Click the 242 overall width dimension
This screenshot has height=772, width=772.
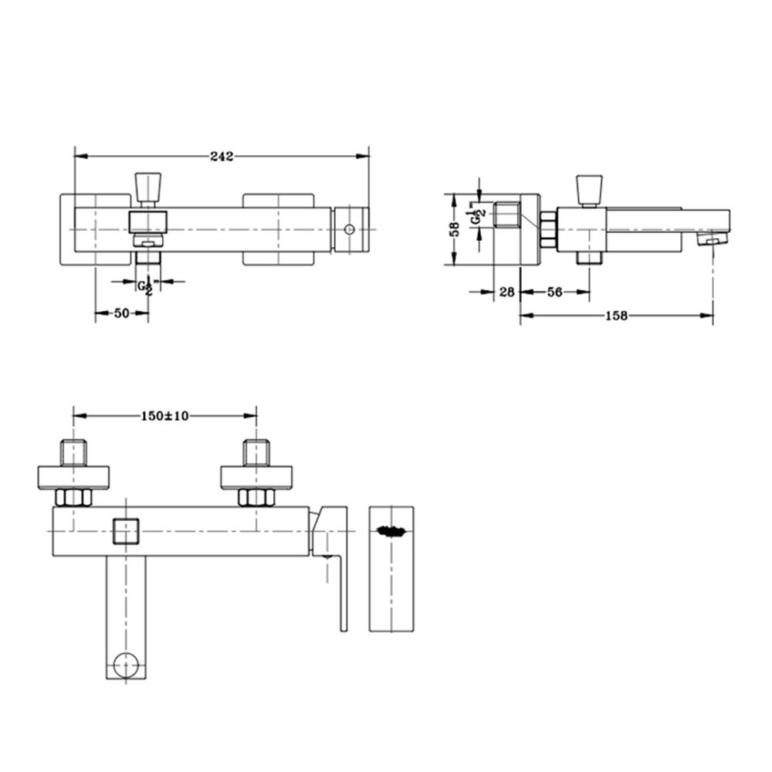click(x=222, y=157)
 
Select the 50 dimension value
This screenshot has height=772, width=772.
click(x=121, y=313)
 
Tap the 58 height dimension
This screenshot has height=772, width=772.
click(x=455, y=229)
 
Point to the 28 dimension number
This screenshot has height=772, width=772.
click(x=506, y=292)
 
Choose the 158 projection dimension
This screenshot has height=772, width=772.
click(x=616, y=315)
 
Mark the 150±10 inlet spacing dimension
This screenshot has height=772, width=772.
click(x=164, y=415)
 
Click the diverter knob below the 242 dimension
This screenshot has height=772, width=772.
click(x=147, y=187)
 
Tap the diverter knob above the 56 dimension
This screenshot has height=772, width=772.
click(x=589, y=188)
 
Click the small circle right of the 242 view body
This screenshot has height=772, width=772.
click(x=350, y=229)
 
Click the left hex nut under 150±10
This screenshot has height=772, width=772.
click(x=74, y=498)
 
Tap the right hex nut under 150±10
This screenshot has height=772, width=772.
click(x=256, y=498)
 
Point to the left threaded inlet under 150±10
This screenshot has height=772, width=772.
click(x=73, y=452)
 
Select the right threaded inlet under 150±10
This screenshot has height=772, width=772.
click(x=256, y=452)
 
